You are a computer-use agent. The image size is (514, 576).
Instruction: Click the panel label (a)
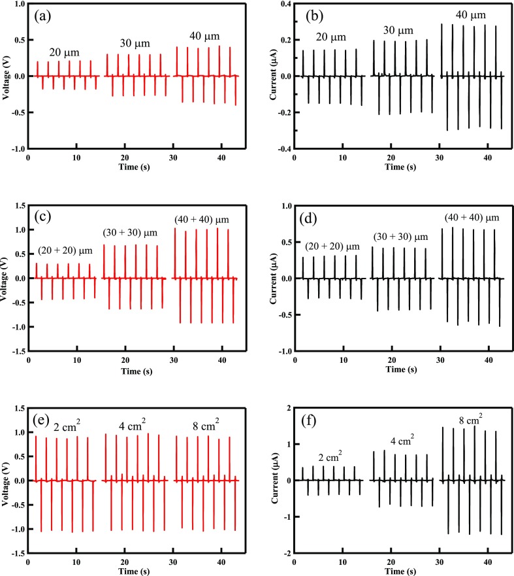(43, 18)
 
